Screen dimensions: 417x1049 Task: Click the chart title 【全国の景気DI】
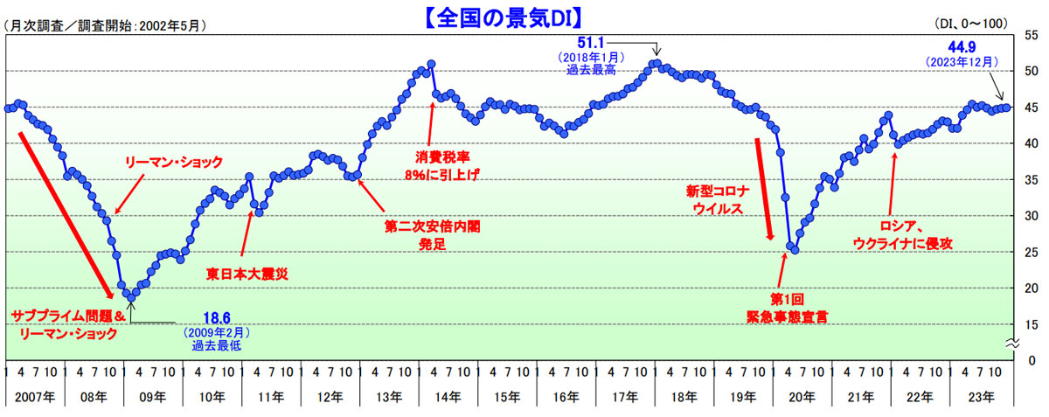pos(524,16)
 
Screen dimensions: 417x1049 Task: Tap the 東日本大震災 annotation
pos(247,273)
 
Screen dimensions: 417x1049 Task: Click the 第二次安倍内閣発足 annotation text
pos(427,233)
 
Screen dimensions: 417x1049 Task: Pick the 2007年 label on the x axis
pos(35,396)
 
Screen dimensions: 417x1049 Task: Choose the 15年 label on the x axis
pos(506,396)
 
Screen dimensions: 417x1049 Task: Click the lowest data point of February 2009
pos(132,297)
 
